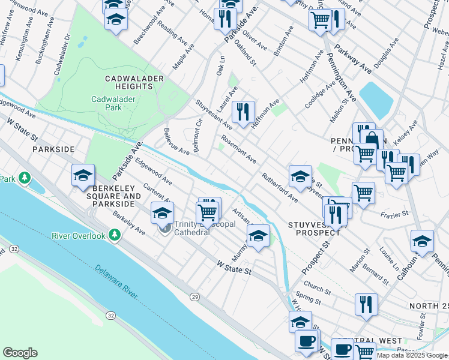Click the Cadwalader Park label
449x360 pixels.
(106, 103)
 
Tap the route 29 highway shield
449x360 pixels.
(194, 296)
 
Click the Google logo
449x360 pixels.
(20, 353)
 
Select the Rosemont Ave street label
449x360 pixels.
(238, 150)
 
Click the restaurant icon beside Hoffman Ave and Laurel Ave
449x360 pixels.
(243, 112)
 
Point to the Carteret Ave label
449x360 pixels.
(154, 194)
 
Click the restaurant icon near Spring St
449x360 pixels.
(366, 304)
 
